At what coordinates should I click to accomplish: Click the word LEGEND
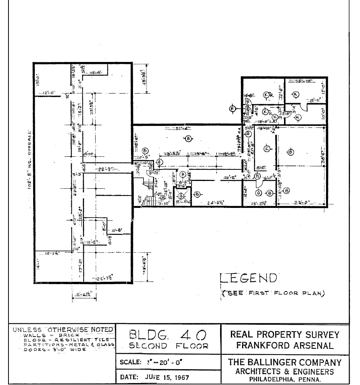pyautogui.click(x=248, y=278)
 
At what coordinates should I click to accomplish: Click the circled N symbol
pyautogui.click(x=257, y=177)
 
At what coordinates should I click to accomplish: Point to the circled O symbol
pyautogui.click(x=259, y=192)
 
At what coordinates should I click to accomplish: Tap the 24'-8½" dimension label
pyautogui.click(x=216, y=203)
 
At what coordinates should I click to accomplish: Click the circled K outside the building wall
pyautogui.click(x=232, y=109)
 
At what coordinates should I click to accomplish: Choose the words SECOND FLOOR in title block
pyautogui.click(x=168, y=346)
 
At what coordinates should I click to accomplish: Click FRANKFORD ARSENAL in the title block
pyautogui.click(x=285, y=345)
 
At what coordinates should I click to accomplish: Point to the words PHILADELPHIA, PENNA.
pyautogui.click(x=285, y=380)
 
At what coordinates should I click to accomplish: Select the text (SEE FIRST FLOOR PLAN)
pyautogui.click(x=273, y=293)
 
